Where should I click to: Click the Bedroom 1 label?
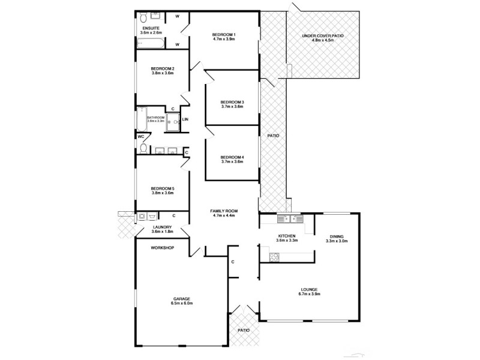pos(223,35)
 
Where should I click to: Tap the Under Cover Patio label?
pos(323,36)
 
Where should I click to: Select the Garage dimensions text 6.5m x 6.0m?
pos(182,304)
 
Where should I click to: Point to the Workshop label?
pos(162,247)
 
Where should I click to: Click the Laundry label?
pos(163,227)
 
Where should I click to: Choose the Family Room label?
pos(224,211)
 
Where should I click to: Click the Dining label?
pos(336,236)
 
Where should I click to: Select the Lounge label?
pos(310,289)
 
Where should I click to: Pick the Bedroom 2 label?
pos(163,68)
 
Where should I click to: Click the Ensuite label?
pos(151,29)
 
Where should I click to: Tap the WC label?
pos(142,136)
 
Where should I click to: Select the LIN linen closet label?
pos(185,119)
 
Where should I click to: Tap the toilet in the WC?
pos(143,145)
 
